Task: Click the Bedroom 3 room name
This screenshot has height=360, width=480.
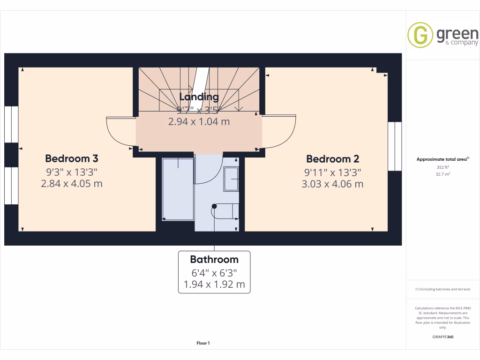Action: click(72, 158)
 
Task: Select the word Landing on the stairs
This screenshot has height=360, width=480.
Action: click(199, 97)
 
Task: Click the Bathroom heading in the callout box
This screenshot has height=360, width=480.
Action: click(214, 259)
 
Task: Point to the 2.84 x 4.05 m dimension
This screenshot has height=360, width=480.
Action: click(72, 183)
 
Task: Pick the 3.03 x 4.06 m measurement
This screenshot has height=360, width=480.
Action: click(332, 184)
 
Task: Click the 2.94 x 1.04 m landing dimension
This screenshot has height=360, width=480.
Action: click(199, 121)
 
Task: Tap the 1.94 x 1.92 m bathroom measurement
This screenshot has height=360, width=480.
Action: click(214, 284)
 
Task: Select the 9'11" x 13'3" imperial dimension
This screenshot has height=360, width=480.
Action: click(332, 172)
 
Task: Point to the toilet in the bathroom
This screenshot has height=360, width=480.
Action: click(225, 211)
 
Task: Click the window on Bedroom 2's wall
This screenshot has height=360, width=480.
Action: click(395, 146)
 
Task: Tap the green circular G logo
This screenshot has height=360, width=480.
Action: click(420, 35)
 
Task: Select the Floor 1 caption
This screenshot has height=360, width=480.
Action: click(203, 343)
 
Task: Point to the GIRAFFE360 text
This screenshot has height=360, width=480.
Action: click(442, 337)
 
